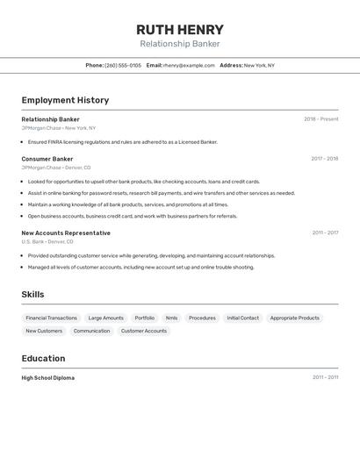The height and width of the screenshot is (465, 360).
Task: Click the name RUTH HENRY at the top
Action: point(180,29)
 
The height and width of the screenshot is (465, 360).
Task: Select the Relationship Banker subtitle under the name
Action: point(180,44)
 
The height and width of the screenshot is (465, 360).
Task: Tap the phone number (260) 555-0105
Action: point(123,65)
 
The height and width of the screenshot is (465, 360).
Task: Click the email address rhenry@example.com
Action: point(189,65)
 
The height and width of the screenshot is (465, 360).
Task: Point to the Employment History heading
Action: point(65,100)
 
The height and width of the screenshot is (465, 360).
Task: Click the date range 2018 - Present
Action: point(320,119)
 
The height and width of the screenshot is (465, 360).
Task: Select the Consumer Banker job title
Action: point(47,159)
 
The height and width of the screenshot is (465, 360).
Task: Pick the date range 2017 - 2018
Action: point(324,159)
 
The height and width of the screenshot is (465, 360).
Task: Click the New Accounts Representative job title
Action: point(66,233)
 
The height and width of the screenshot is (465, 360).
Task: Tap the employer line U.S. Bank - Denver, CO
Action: point(47,241)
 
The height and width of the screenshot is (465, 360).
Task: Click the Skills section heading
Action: point(32,295)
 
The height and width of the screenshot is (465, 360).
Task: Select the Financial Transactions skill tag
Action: point(51,318)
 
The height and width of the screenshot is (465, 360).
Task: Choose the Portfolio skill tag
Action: point(144,318)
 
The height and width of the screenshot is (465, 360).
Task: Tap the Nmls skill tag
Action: point(171,318)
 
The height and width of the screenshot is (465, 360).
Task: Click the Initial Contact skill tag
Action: point(242,318)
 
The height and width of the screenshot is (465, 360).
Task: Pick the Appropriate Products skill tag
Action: point(294,318)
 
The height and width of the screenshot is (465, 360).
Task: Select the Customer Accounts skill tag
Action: point(143,331)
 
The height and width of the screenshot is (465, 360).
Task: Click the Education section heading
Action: point(43,358)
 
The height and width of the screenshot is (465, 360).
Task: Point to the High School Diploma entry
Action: point(48,378)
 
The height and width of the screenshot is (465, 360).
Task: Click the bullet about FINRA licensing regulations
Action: point(122,142)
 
